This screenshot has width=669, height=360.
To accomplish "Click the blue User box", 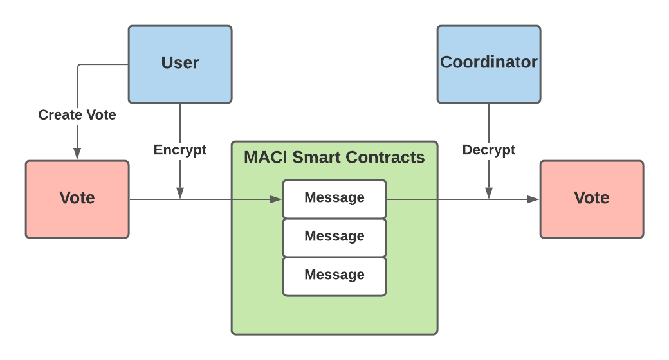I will tap(180, 64).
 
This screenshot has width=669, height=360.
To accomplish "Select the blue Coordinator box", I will tap(489, 64).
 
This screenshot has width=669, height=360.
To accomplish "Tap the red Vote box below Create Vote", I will tap(77, 199).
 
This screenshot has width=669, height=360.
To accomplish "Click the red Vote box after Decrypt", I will tap(592, 199).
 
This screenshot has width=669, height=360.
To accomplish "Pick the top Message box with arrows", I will tap(334, 199).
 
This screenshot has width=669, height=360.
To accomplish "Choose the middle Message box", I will tap(334, 237).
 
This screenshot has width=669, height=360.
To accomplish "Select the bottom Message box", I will tap(334, 276).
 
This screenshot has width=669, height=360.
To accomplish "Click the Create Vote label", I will tap(77, 115).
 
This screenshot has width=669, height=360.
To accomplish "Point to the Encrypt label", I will tap(180, 150).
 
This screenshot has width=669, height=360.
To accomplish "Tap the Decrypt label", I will tap(489, 150).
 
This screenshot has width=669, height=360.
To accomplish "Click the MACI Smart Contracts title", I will tap(334, 157).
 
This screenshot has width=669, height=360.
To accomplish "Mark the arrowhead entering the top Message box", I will tap(278, 199).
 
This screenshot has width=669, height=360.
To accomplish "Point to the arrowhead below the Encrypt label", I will tap(180, 194).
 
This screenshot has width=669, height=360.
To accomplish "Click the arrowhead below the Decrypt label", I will tap(489, 194).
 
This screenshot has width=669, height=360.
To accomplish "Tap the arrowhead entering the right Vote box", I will tap(534, 199).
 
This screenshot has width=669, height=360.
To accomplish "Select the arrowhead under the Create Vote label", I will tap(77, 154).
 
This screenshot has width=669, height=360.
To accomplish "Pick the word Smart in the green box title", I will tap(320, 157).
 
